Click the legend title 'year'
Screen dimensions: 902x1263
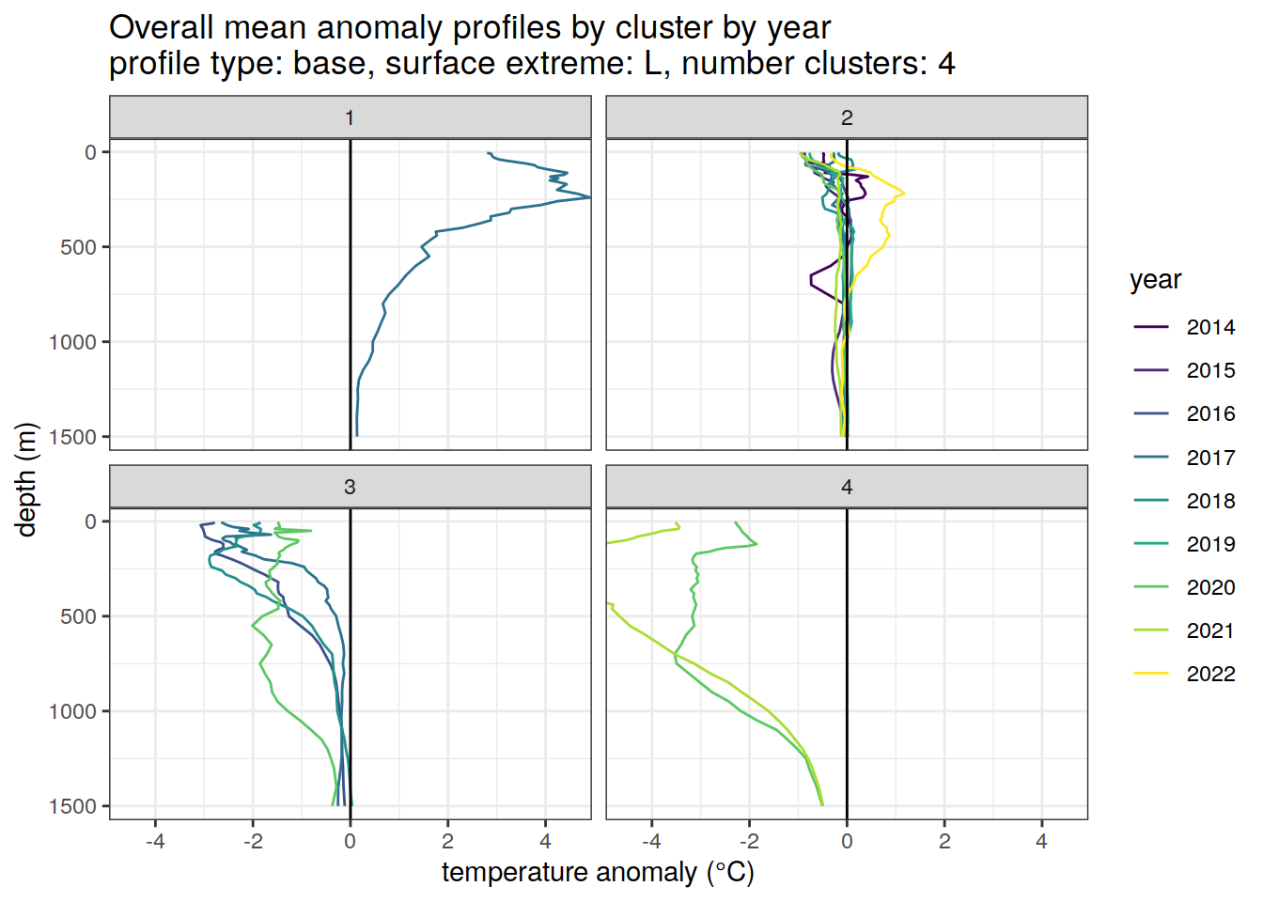(x=1155, y=280)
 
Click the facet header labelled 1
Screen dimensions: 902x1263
(x=350, y=117)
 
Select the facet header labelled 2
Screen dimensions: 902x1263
(x=847, y=117)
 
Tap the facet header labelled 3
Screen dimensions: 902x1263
(x=350, y=487)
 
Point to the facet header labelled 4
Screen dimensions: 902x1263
(x=847, y=487)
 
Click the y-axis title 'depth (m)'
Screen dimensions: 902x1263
(x=26, y=479)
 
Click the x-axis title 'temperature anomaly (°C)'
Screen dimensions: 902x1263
(x=598, y=873)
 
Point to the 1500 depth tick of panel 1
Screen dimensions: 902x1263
(x=78, y=437)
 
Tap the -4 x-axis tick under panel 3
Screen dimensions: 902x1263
(x=155, y=841)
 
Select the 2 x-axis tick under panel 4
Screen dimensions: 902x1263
(x=944, y=841)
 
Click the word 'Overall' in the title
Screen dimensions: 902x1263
(x=160, y=28)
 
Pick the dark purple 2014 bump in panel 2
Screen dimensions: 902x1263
(x=814, y=279)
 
